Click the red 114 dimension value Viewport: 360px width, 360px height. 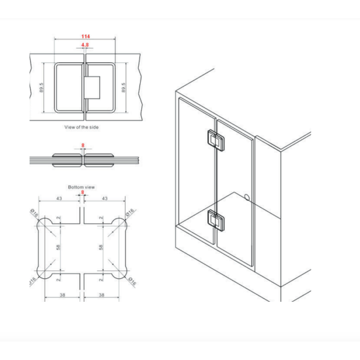(85, 37)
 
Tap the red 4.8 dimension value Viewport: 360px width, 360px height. (85, 45)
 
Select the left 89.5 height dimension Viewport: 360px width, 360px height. (41, 88)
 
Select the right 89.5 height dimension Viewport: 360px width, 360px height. (123, 88)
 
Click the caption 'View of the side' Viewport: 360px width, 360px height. (82, 127)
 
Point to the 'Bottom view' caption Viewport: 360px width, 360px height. (82, 187)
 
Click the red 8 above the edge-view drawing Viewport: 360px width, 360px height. (83, 145)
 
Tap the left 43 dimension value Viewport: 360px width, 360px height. (59, 198)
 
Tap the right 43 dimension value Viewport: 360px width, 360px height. (105, 198)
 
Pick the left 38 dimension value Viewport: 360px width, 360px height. (62, 295)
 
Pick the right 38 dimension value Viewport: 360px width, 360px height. (101, 295)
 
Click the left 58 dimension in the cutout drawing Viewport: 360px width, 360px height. (58, 247)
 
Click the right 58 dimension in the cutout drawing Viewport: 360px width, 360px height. (101, 247)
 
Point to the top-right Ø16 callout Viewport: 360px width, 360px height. (130, 212)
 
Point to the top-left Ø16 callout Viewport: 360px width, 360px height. (34, 213)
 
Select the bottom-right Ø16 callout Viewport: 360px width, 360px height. (132, 281)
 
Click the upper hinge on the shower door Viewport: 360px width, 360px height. (216, 141)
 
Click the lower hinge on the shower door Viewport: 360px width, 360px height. (216, 221)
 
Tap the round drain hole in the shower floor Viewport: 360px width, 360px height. (247, 197)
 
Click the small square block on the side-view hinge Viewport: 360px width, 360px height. (92, 88)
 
